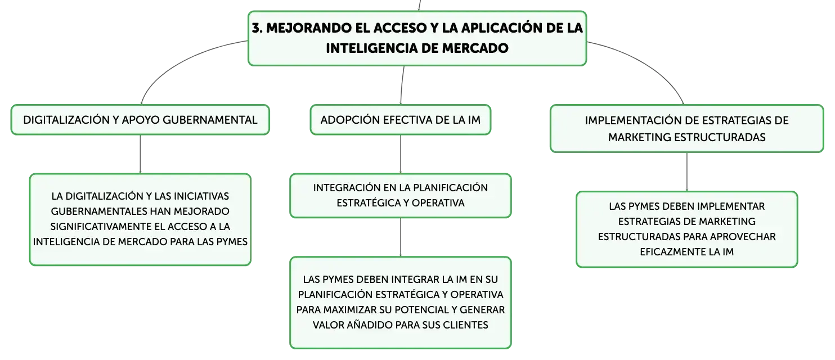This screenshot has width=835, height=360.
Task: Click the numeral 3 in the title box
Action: (x=256, y=28)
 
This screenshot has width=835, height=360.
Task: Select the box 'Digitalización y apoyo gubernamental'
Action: (x=140, y=120)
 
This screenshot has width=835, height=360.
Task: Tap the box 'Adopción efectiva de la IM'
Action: (x=401, y=120)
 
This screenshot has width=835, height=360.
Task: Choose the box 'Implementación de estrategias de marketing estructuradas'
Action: (x=686, y=129)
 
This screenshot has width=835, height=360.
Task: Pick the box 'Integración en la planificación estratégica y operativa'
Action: (x=401, y=196)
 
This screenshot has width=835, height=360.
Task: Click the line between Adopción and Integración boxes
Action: (x=401, y=154)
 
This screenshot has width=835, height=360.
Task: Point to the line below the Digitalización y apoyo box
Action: (x=140, y=154)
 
